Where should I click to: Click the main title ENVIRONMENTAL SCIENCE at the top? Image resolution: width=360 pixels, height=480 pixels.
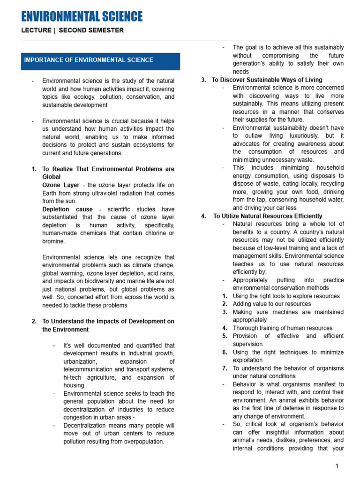point(82,17)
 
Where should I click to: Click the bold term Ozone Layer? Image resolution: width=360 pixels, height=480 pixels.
point(60,185)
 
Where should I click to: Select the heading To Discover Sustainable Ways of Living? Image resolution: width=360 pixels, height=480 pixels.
point(267,80)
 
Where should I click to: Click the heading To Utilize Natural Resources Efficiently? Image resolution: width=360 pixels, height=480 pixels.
point(268,216)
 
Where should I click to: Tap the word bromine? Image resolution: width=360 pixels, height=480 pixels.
point(54,241)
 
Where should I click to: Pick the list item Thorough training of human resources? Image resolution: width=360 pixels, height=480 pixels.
point(283,328)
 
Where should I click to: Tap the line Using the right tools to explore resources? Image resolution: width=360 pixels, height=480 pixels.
point(286,296)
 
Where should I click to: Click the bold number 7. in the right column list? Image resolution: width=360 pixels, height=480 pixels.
point(225,368)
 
